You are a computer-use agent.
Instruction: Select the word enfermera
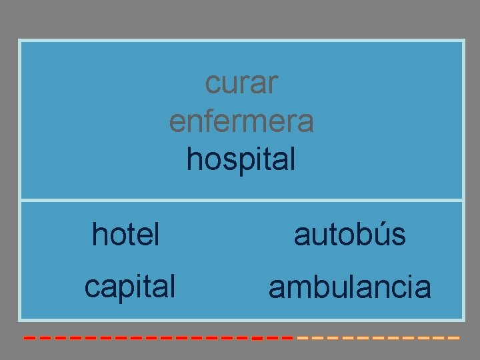click(x=241, y=122)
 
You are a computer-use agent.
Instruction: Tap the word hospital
click(x=241, y=160)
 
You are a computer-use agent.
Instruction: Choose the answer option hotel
click(x=126, y=235)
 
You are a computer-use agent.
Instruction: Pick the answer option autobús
click(x=350, y=235)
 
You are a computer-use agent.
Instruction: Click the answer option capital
click(x=130, y=287)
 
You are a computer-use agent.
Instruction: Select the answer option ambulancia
click(x=350, y=288)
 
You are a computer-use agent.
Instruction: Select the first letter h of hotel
click(x=99, y=234)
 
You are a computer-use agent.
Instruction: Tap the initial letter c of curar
click(x=211, y=85)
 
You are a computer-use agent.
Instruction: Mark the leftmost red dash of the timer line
click(x=29, y=338)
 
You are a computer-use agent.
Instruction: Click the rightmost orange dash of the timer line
click(x=454, y=338)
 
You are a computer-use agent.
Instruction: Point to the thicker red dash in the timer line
click(x=256, y=338)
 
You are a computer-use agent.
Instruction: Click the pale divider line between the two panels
click(x=241, y=200)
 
